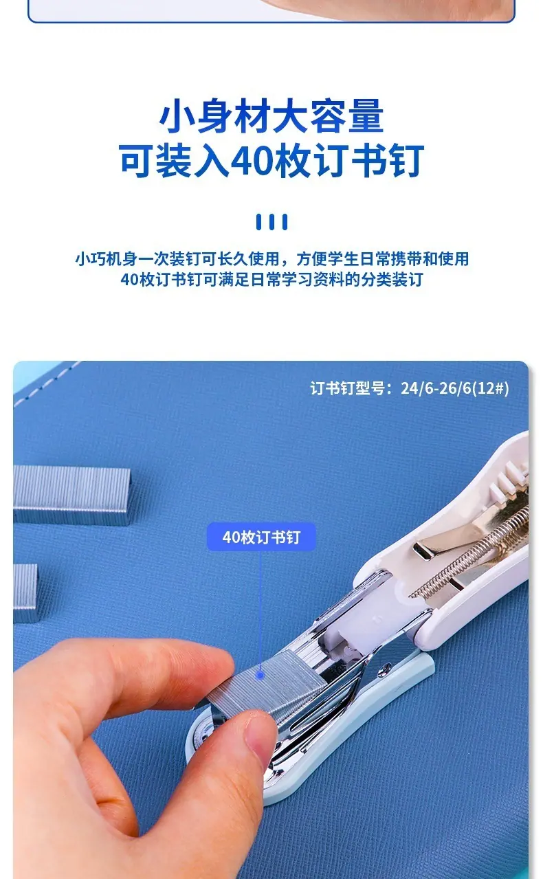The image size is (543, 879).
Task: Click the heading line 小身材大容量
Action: (x=271, y=115)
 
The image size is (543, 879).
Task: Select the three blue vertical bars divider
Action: (x=271, y=222)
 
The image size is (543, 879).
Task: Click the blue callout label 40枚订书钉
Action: (x=261, y=537)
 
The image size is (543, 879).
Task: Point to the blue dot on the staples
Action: (x=259, y=676)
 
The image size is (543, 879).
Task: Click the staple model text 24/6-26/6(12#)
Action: (x=455, y=388)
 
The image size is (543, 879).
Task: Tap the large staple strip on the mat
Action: (x=71, y=496)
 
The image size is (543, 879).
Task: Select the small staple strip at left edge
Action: (x=25, y=593)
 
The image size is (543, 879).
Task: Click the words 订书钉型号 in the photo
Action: (x=347, y=388)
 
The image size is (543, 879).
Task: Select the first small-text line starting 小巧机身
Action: (x=272, y=259)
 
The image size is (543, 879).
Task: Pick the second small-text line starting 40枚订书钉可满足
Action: (x=271, y=280)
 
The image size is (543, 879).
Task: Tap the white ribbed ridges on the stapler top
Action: (x=509, y=482)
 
